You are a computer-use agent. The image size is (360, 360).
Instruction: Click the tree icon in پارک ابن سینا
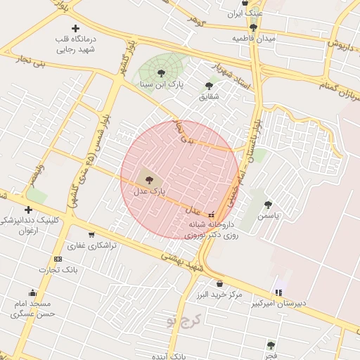click(161, 72)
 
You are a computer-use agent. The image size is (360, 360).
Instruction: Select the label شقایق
click(209, 96)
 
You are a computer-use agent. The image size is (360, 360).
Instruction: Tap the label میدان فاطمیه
click(254, 38)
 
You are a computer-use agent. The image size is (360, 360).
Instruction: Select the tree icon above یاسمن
click(268, 205)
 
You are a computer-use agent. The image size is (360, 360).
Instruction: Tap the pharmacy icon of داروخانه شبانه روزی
click(212, 214)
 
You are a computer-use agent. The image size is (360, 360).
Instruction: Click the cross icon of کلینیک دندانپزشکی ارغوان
click(28, 210)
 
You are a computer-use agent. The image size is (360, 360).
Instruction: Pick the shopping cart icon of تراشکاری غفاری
click(91, 235)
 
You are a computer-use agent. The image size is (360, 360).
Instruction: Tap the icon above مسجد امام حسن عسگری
click(32, 293)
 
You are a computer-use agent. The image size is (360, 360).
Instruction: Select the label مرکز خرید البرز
click(220, 293)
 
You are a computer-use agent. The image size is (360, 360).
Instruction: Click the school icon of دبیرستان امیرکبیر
click(278, 292)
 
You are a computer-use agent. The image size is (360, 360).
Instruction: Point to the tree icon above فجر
click(271, 345)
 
